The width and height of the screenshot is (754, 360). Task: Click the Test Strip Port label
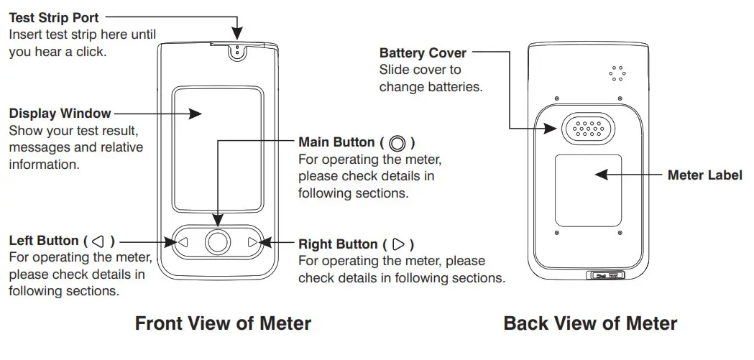click(54, 17)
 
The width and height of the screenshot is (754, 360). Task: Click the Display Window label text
click(60, 114)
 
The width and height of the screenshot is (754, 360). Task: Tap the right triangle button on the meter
click(252, 243)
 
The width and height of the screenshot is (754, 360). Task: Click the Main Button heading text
click(346, 142)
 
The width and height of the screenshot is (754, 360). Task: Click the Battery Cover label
click(423, 53)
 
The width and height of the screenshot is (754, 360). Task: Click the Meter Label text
click(704, 175)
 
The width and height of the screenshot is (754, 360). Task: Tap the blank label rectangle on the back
click(588, 188)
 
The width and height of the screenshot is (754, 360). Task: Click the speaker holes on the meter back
click(615, 73)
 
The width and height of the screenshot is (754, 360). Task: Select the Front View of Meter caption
click(223, 323)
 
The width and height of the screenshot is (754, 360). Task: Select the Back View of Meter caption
click(590, 323)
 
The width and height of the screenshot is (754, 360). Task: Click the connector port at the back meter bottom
click(606, 275)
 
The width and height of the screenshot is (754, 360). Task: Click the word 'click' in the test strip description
click(91, 52)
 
